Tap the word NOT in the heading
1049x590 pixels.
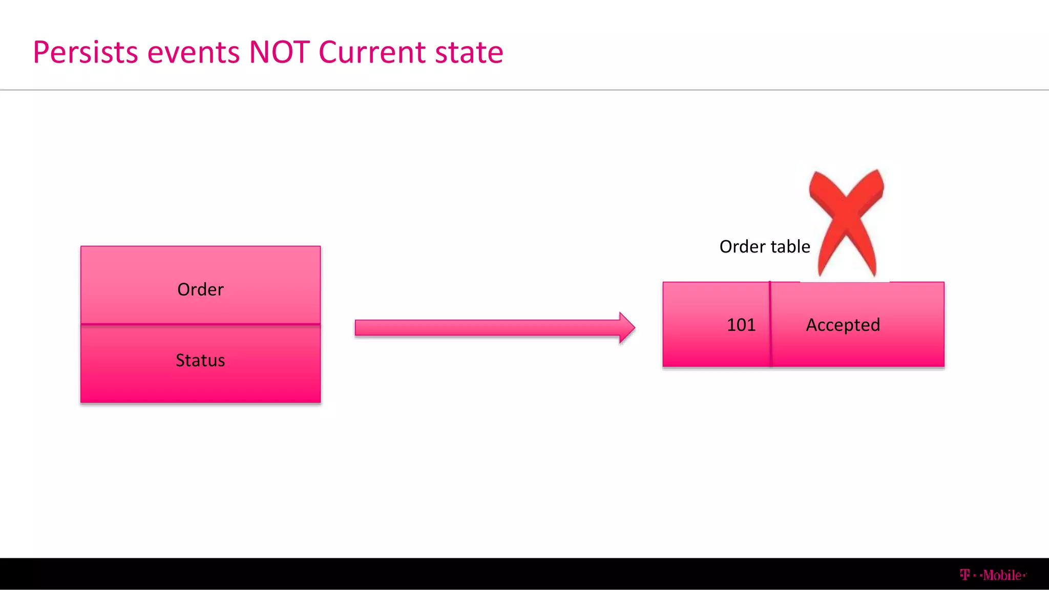pyautogui.click(x=279, y=52)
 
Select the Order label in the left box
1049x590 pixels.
pyautogui.click(x=200, y=290)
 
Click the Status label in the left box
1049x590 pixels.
pyautogui.click(x=200, y=361)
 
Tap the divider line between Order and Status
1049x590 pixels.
pyautogui.click(x=200, y=324)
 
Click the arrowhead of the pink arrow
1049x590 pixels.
pyautogui.click(x=627, y=328)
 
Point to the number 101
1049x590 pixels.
pyautogui.click(x=741, y=325)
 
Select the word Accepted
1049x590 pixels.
pyautogui.click(x=843, y=325)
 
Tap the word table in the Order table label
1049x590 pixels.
pyautogui.click(x=790, y=247)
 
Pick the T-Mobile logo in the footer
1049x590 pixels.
pyautogui.click(x=993, y=575)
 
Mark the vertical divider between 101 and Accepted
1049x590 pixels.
pyautogui.click(x=770, y=325)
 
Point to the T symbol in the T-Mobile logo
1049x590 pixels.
pyautogui.click(x=965, y=575)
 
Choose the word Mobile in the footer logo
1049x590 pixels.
pyautogui.click(x=1002, y=575)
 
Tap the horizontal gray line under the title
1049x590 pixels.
pyautogui.click(x=524, y=90)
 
